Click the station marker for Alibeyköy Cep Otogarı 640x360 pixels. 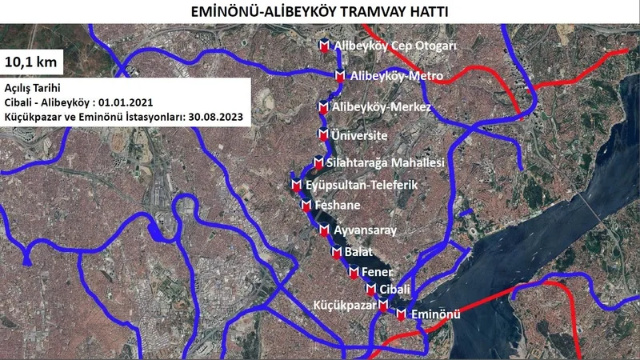point(325,46)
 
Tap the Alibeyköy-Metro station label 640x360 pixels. point(391,77)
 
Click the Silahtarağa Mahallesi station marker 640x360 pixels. point(319,162)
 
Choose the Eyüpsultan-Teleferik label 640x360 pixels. point(362,186)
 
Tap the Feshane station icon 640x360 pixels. point(306,205)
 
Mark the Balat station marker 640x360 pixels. point(337,253)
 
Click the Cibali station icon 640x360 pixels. point(370,289)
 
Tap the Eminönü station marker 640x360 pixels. point(401,314)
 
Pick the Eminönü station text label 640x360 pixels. point(435,314)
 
